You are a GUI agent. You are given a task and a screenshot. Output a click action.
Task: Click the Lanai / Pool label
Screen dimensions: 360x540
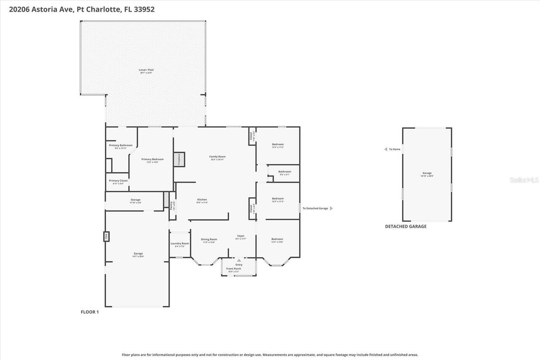tap(146, 71)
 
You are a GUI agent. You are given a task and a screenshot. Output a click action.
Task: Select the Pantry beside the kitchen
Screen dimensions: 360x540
tap(172, 206)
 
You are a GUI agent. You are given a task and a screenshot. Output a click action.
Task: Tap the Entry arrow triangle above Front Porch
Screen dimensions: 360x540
tap(239, 260)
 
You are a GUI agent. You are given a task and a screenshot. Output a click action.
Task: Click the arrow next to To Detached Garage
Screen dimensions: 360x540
tap(331, 208)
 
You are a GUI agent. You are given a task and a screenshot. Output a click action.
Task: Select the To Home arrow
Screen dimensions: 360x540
tap(386, 149)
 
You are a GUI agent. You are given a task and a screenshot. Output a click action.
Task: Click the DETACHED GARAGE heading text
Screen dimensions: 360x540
tap(405, 226)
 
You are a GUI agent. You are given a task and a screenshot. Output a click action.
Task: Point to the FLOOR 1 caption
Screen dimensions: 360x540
tap(89, 312)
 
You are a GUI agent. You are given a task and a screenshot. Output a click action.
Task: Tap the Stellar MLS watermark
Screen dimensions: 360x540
tap(524, 180)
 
